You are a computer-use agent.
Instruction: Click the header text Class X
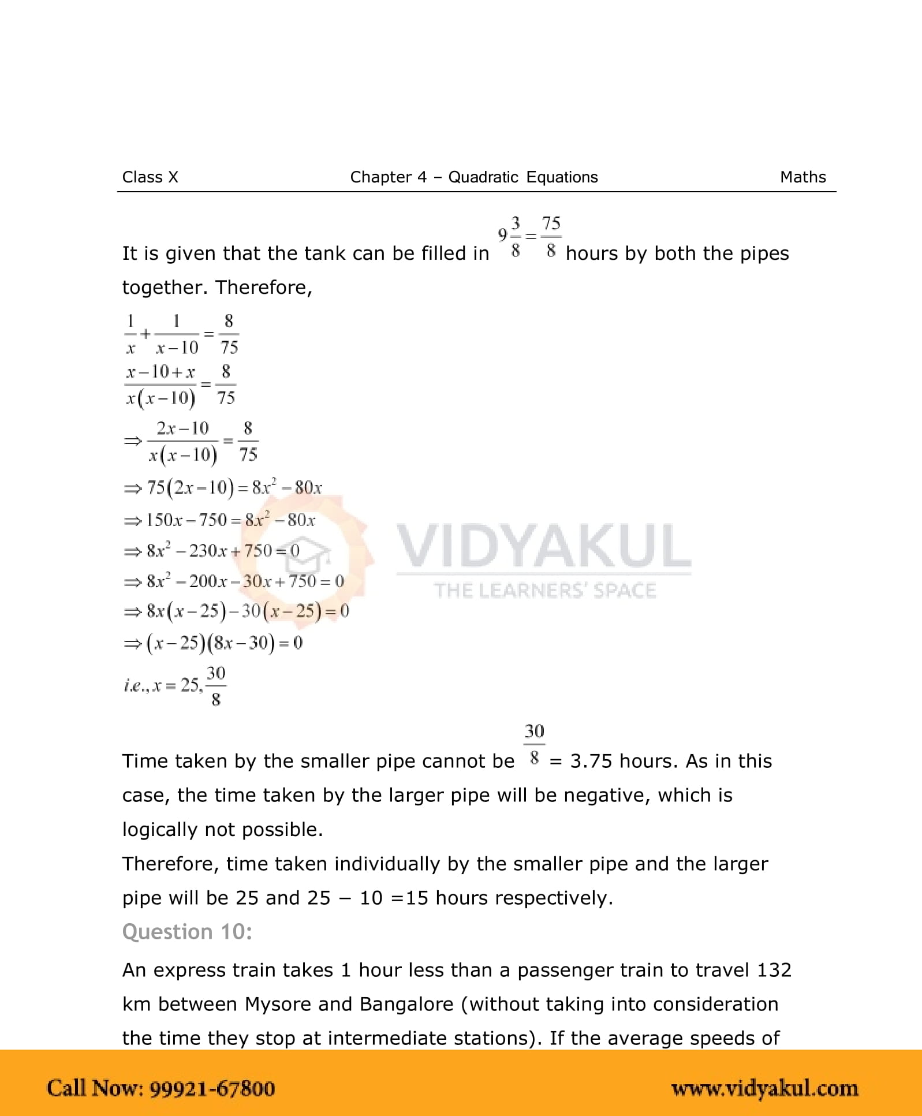tap(150, 177)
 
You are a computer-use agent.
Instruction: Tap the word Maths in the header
tap(802, 177)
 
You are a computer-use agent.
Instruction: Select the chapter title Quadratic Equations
tap(523, 177)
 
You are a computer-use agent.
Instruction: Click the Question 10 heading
tap(187, 932)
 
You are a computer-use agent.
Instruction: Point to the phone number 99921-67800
tap(212, 1088)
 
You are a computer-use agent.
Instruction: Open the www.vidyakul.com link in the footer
tap(764, 1088)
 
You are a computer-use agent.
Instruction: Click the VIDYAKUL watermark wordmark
tap(543, 546)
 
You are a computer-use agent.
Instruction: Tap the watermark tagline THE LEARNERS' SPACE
tap(545, 591)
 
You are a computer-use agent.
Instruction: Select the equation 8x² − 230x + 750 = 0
tap(222, 551)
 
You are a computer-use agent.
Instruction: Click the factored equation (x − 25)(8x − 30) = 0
tap(224, 643)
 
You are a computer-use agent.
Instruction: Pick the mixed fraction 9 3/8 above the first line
tap(509, 236)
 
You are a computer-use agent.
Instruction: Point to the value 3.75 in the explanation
tap(591, 761)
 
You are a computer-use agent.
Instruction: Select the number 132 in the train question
tap(774, 970)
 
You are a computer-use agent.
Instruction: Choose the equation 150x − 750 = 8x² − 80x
tap(230, 520)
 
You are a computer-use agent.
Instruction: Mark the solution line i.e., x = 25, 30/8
tap(175, 686)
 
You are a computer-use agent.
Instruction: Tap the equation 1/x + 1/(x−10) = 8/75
tap(181, 334)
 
